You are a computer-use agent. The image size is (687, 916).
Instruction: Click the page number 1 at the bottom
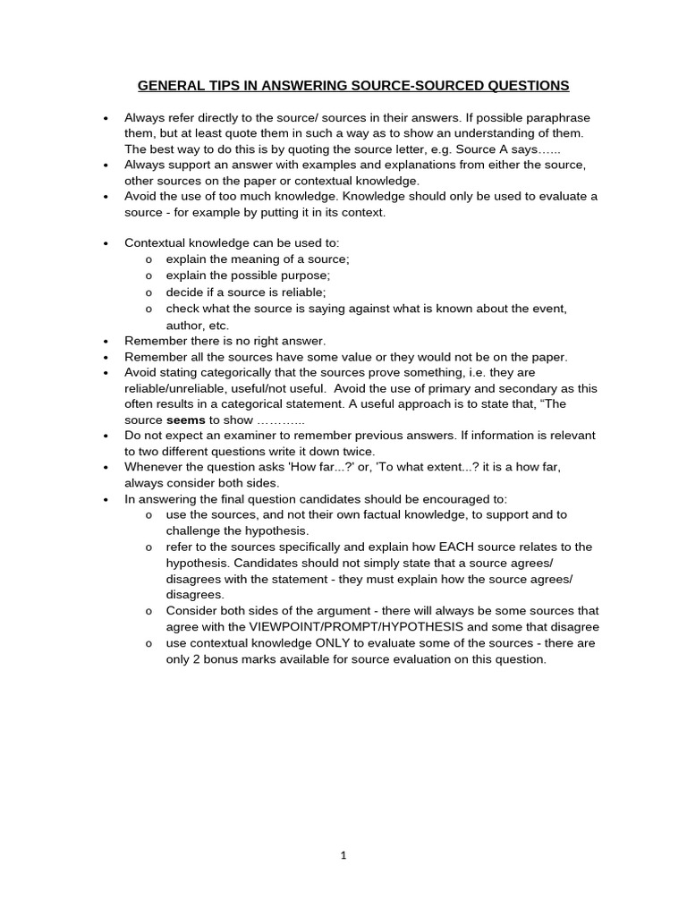click(343, 855)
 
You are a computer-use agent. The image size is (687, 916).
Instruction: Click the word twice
click(354, 452)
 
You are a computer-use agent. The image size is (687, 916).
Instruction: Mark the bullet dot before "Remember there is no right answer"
click(106, 341)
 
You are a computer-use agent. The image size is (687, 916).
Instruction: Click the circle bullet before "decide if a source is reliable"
click(148, 292)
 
